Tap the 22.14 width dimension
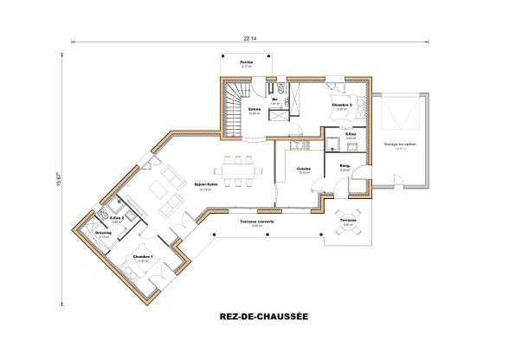pos(250,39)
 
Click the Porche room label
pos(247,63)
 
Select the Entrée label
pos(254,110)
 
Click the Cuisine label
pos(304,169)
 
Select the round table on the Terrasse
pos(350,219)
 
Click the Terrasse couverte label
pos(252,222)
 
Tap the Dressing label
pos(103,233)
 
